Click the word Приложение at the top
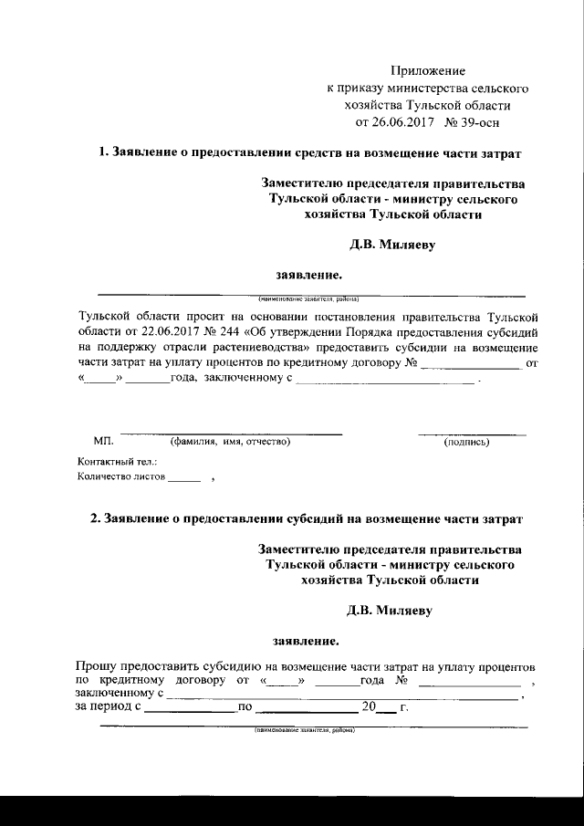pyautogui.click(x=428, y=70)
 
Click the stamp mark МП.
pyautogui.click(x=103, y=442)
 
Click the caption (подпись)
pyautogui.click(x=466, y=443)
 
